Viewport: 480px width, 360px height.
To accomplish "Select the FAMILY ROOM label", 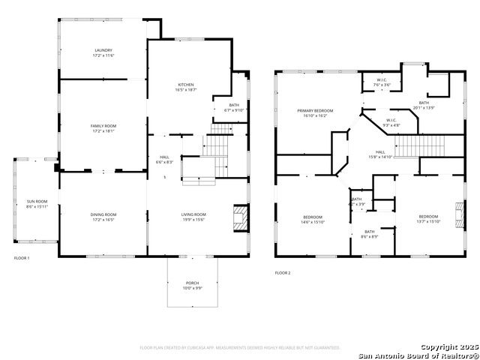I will coord(103,128).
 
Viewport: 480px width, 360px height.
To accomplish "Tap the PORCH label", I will coord(193,286).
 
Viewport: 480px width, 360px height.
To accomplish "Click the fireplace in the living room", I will coord(239,217).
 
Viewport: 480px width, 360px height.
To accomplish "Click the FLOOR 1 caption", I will coord(22,258).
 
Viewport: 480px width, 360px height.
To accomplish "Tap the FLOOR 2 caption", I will coord(282,273).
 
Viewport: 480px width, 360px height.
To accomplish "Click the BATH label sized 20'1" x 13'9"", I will coord(424,105).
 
